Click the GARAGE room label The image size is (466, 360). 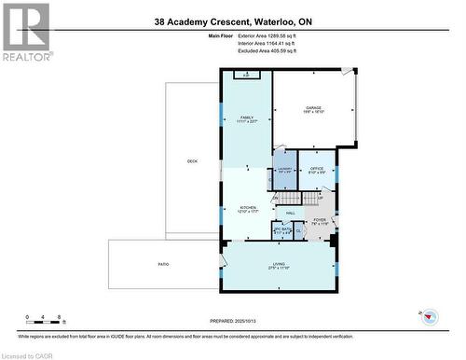(x=312, y=108)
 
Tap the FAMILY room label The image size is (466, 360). (x=247, y=118)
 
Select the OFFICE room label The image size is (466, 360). (x=317, y=169)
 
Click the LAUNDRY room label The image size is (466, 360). (x=285, y=170)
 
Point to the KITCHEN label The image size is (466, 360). (x=248, y=210)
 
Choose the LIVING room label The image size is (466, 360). (x=279, y=266)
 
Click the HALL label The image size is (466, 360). (x=291, y=213)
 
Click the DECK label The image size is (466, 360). (x=192, y=161)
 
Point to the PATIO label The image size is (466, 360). (x=163, y=265)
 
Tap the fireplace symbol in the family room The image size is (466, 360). (x=246, y=75)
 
